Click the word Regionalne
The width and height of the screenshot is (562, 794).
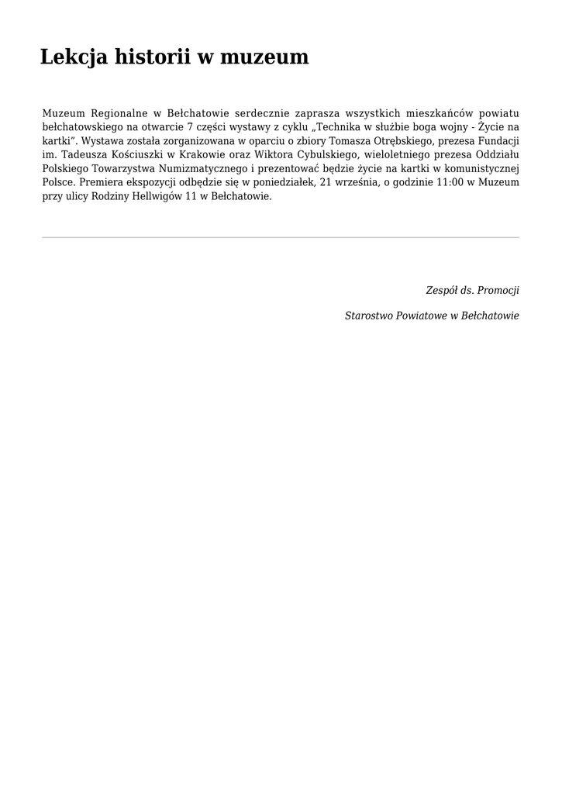119,113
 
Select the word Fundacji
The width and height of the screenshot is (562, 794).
497,141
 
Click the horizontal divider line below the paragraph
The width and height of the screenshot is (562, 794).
281,237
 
